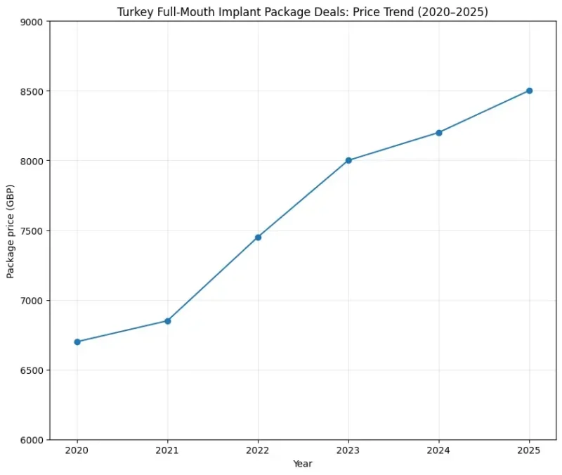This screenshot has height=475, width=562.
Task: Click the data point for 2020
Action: click(x=77, y=342)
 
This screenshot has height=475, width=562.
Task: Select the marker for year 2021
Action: click(x=168, y=321)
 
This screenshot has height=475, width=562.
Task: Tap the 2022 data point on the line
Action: click(x=258, y=237)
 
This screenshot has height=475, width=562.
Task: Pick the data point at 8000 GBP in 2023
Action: click(x=348, y=161)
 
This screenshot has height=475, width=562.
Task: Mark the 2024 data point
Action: click(x=439, y=133)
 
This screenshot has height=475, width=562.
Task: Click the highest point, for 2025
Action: click(x=529, y=91)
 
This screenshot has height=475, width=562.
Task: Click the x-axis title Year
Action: click(x=303, y=464)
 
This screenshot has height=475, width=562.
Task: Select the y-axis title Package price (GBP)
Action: click(x=11, y=230)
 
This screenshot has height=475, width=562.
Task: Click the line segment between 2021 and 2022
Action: click(x=213, y=279)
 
